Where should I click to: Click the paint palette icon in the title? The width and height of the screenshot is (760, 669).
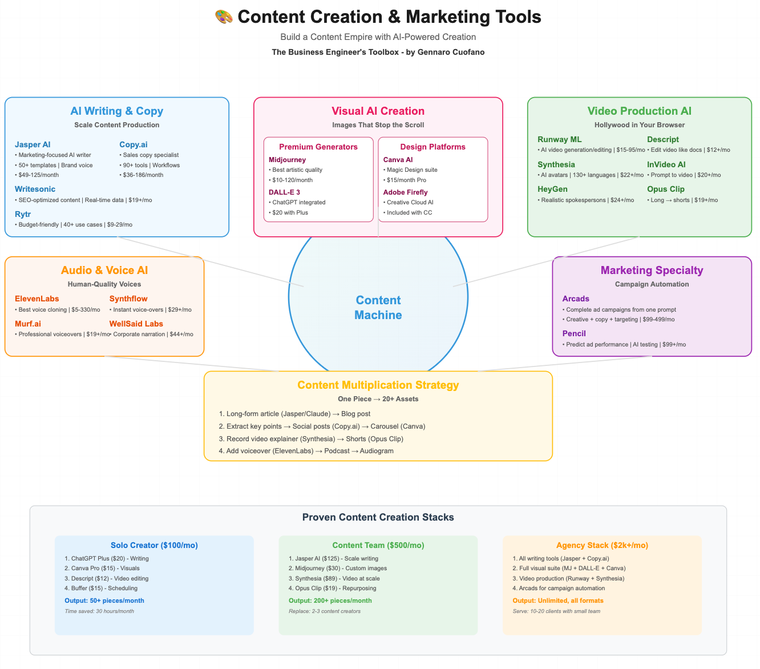224,17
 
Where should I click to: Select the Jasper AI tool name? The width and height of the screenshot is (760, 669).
33,144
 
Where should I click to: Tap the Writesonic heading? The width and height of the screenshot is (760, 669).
35,189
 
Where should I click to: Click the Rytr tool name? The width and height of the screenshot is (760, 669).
23,214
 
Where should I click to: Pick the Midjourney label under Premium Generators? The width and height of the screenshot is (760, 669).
287,160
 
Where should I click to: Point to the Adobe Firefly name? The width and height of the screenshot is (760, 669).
405,192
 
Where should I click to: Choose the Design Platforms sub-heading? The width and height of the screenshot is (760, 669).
432,147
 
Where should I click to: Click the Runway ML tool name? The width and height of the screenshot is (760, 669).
559,139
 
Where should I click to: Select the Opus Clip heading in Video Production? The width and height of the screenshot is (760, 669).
665,189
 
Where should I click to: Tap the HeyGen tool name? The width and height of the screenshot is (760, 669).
552,189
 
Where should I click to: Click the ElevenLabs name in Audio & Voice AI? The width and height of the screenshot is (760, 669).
37,299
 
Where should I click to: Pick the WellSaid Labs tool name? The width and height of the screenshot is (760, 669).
136,324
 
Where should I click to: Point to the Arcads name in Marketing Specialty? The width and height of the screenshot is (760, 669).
576,299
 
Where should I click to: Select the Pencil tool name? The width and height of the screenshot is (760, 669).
574,333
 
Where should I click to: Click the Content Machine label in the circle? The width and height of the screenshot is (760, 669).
378,308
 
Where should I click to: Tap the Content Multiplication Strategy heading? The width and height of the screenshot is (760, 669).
378,385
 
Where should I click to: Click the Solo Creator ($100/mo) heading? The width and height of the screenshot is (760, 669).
154,545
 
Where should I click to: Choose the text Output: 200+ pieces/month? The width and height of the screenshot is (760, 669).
330,601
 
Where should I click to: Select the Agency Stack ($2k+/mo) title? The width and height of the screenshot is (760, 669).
602,545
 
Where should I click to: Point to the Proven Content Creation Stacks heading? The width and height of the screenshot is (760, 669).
378,517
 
